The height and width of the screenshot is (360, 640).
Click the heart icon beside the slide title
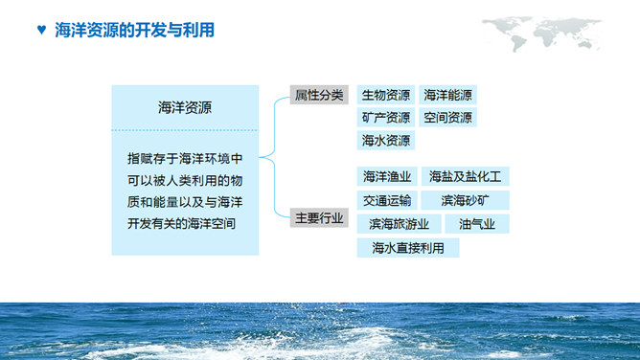(x=40, y=31)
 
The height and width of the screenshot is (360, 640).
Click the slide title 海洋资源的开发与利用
(x=135, y=31)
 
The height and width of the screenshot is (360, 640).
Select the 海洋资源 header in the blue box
(x=185, y=108)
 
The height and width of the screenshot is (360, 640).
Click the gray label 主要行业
(x=318, y=219)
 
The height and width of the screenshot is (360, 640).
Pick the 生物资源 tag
(x=386, y=95)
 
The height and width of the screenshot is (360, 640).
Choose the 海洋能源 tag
(x=447, y=95)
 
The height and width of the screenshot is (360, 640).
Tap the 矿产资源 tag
(x=386, y=118)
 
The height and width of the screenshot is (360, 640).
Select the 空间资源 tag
(x=447, y=118)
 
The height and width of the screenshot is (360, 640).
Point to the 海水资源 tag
(x=386, y=141)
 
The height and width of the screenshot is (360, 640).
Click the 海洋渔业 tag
(x=387, y=177)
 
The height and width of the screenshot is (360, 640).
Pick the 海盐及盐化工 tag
(x=466, y=177)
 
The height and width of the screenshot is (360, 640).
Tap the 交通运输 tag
(x=387, y=201)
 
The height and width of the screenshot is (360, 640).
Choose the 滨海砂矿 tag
(x=465, y=201)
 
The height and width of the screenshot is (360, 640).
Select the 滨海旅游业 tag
(x=400, y=224)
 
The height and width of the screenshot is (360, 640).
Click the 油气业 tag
(x=477, y=224)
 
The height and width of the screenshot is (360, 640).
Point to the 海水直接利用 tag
(x=407, y=248)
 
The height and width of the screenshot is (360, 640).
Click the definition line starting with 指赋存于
(x=185, y=158)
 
